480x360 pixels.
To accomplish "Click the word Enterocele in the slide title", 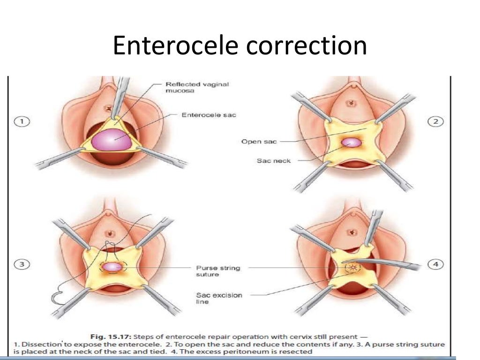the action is point(172,46).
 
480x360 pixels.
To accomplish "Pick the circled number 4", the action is point(436,265).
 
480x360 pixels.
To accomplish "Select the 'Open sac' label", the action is point(258,141).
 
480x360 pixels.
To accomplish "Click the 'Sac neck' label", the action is point(274,160).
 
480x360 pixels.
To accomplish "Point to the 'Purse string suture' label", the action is point(218,271).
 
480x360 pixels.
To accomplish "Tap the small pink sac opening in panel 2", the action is point(350,142).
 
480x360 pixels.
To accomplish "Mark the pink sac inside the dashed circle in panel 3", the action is point(112,267).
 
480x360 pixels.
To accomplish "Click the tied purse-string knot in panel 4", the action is point(351,268).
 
